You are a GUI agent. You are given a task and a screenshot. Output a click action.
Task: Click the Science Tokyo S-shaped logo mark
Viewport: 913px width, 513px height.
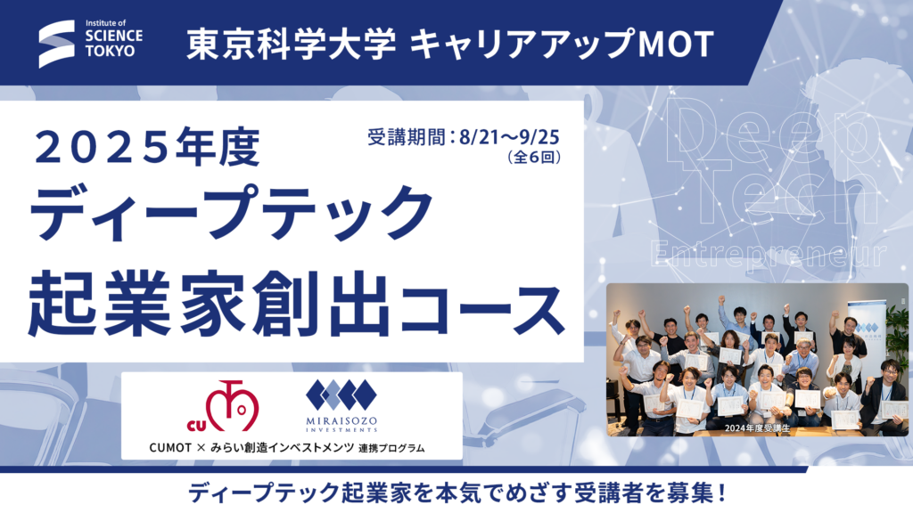pyautogui.click(x=57, y=44)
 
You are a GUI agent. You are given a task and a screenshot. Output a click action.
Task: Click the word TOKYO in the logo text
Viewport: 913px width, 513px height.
pyautogui.click(x=110, y=51)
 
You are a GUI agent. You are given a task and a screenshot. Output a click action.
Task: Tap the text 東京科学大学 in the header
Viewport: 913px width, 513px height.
pyautogui.click(x=292, y=45)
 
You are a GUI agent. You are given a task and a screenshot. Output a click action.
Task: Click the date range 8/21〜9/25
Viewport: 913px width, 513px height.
pyautogui.click(x=509, y=137)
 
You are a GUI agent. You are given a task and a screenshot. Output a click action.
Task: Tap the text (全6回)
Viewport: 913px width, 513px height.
pyautogui.click(x=534, y=157)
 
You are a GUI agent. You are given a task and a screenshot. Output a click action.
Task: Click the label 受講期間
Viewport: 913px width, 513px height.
pyautogui.click(x=407, y=137)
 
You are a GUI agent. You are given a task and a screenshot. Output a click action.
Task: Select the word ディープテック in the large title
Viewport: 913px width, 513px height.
pyautogui.click(x=232, y=213)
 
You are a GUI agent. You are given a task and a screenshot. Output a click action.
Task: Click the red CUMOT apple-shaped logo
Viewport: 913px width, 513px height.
pyautogui.click(x=224, y=406)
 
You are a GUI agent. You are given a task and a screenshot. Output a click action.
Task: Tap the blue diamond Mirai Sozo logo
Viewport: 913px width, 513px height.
pyautogui.click(x=341, y=395)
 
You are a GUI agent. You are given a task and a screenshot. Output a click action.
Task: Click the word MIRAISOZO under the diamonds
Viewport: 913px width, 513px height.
pyautogui.click(x=341, y=420)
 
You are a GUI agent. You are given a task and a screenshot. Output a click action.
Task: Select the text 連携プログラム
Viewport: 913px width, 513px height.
pyautogui.click(x=391, y=449)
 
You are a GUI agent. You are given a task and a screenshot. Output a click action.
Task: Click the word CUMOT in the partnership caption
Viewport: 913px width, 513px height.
pyautogui.click(x=170, y=448)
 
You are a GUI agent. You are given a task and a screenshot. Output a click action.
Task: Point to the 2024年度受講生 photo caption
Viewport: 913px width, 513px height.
pyautogui.click(x=757, y=428)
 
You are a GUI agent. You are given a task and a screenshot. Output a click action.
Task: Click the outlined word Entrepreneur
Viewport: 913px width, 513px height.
pyautogui.click(x=769, y=254)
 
